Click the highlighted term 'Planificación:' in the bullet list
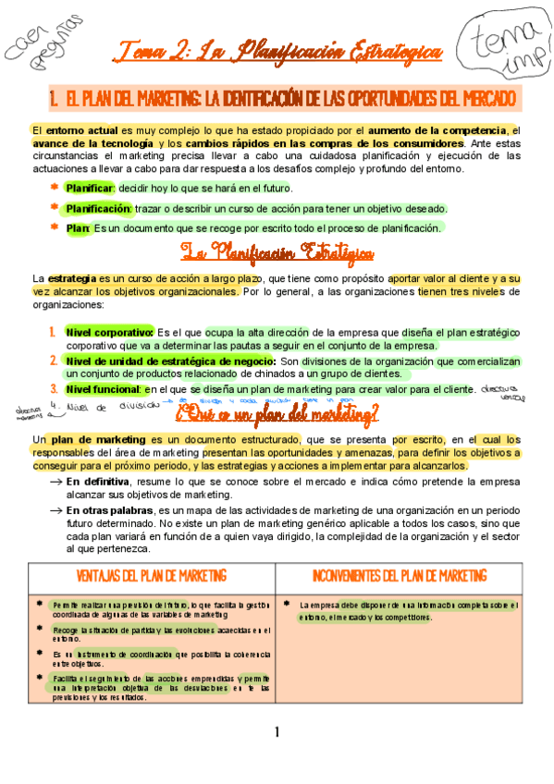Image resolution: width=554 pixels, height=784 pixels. [x=99, y=208]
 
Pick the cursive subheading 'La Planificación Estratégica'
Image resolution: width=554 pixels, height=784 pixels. [x=277, y=252]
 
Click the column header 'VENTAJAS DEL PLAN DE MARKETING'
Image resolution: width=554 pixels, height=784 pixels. [x=155, y=576]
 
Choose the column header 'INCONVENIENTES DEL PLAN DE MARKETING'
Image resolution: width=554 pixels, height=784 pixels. [x=400, y=576]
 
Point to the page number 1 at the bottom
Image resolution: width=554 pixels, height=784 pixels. [x=277, y=733]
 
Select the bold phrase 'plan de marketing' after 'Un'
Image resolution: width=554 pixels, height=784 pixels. [x=96, y=439]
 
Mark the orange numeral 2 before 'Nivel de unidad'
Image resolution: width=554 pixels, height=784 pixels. [x=53, y=361]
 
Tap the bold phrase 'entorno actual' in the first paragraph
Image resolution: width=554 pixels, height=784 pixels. [x=70, y=129]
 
